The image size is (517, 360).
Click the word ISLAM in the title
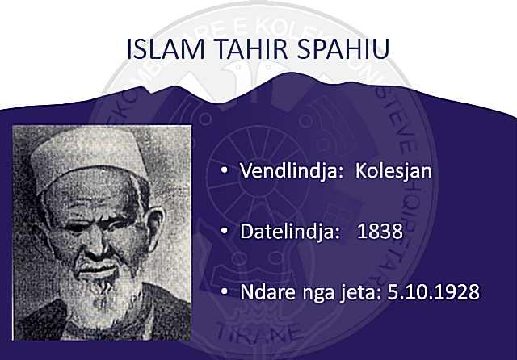point(166,48)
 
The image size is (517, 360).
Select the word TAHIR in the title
point(251,48)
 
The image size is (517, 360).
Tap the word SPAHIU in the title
point(343,48)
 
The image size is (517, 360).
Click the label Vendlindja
point(288,170)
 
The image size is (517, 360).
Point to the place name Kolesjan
point(393,170)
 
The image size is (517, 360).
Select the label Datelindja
point(289,231)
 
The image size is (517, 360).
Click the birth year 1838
point(380,231)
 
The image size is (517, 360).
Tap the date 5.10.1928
point(433,291)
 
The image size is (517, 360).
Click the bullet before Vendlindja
point(225,170)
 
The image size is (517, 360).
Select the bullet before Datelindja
point(225,231)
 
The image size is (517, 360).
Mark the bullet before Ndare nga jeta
point(225,291)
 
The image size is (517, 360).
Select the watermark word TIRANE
point(258,333)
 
